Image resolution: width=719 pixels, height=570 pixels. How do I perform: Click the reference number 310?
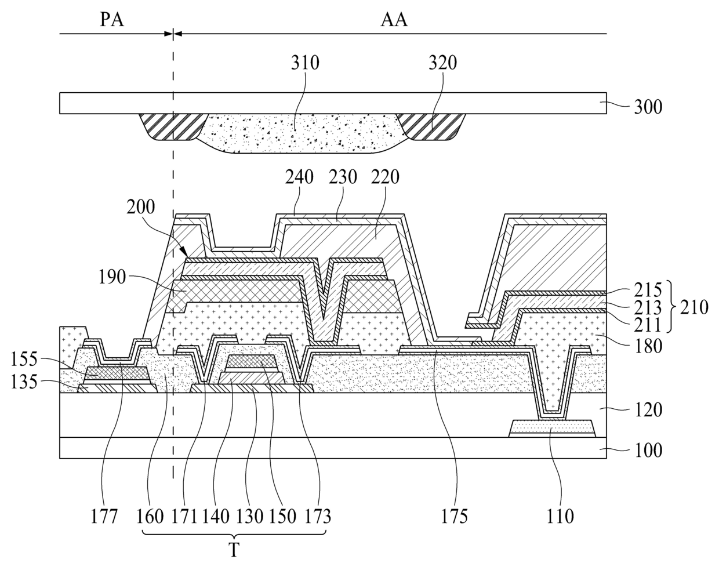click(x=306, y=63)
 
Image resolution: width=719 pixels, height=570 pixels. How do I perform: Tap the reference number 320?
click(x=443, y=63)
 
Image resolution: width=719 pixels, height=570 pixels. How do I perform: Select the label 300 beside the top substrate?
click(x=648, y=107)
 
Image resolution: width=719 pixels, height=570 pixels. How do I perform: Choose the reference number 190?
click(x=112, y=277)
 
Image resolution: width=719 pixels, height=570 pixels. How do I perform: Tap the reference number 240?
click(x=299, y=177)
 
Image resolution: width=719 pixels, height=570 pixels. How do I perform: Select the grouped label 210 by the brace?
click(x=695, y=307)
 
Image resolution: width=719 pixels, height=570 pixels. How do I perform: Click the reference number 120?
click(x=648, y=411)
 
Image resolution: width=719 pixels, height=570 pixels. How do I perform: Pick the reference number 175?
click(x=455, y=515)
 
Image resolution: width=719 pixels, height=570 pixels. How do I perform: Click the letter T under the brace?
click(x=233, y=550)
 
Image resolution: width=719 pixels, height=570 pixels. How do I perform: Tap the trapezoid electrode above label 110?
click(x=553, y=429)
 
